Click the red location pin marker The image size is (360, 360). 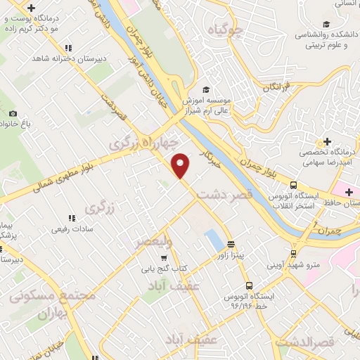[x=181, y=165]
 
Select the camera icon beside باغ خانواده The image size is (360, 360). [x=13, y=113]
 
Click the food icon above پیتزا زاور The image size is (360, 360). [x=231, y=244]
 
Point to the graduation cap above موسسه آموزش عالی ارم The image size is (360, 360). [x=206, y=89]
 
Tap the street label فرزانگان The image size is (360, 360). [x=277, y=87]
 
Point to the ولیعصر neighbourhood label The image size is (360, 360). [x=154, y=243]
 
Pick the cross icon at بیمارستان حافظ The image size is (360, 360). [x=349, y=191]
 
